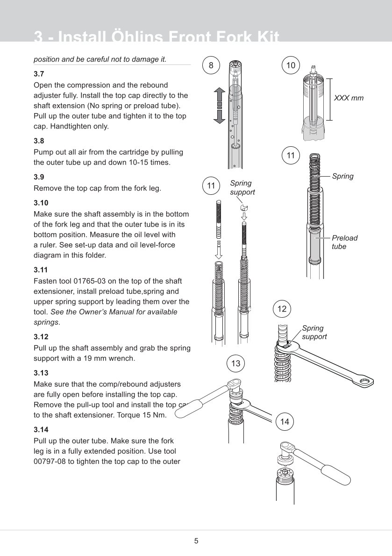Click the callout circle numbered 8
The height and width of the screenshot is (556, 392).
pyautogui.click(x=211, y=66)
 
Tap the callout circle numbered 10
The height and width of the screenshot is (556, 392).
pyautogui.click(x=291, y=66)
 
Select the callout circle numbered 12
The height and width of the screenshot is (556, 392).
pyautogui.click(x=282, y=309)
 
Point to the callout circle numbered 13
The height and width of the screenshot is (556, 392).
pyautogui.click(x=235, y=363)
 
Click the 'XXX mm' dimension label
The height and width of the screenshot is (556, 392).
pyautogui.click(x=348, y=98)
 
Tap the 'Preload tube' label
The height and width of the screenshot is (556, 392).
pyautogui.click(x=344, y=242)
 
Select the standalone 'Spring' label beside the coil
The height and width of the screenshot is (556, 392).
pyautogui.click(x=342, y=176)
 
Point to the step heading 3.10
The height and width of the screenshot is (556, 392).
pyautogui.click(x=41, y=203)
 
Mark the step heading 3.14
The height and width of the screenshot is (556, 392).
pyautogui.click(x=41, y=429)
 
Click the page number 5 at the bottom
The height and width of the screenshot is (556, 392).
pyautogui.click(x=196, y=541)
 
